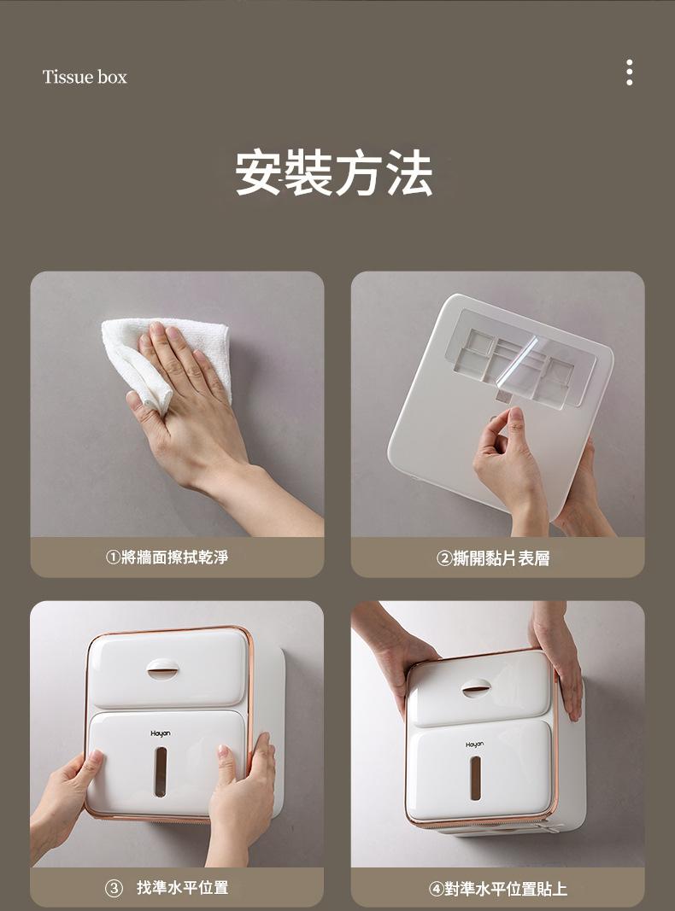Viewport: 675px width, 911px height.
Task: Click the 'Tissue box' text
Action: click(x=85, y=77)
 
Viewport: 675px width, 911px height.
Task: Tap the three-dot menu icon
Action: click(x=629, y=72)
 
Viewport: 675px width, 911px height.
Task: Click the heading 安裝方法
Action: click(x=334, y=172)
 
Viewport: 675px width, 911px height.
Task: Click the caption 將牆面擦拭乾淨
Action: click(x=175, y=558)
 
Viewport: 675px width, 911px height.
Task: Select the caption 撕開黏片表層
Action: click(x=502, y=558)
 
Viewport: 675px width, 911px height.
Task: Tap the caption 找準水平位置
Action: click(x=183, y=887)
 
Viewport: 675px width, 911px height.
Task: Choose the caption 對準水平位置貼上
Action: click(x=505, y=888)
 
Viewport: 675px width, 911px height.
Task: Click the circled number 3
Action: click(x=114, y=888)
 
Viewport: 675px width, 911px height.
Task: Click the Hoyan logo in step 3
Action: click(x=161, y=733)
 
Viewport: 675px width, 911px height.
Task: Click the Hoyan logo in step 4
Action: click(x=474, y=745)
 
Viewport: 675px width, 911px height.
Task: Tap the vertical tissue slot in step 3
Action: click(x=161, y=772)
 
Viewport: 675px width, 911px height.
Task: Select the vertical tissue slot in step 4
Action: click(x=476, y=778)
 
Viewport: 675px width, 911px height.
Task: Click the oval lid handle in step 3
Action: click(x=163, y=669)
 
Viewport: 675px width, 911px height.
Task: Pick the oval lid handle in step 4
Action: click(x=476, y=688)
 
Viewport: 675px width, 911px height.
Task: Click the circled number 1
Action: click(x=113, y=558)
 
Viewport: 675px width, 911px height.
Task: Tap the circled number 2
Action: click(x=444, y=558)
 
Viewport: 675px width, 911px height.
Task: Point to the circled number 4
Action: click(x=436, y=888)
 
